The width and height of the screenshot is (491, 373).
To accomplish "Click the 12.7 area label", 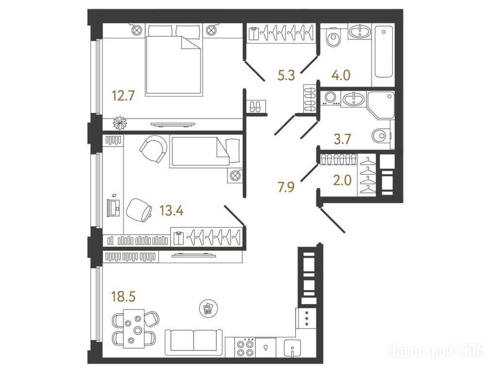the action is click(123, 96).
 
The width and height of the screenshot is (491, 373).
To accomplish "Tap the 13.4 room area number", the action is click(171, 210).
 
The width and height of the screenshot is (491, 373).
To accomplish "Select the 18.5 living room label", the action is click(123, 296).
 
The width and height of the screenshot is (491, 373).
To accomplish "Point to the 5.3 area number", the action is click(287, 75).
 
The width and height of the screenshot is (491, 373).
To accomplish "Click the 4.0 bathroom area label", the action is click(341, 75).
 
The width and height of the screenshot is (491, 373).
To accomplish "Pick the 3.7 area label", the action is click(342, 139).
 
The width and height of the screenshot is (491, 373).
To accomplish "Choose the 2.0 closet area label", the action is click(342, 180).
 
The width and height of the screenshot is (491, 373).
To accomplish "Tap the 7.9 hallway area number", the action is click(286, 187).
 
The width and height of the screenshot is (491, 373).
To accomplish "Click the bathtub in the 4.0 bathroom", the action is click(384, 51).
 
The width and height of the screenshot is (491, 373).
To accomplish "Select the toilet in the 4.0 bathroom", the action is click(333, 37).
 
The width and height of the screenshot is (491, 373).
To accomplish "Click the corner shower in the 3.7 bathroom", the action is click(381, 105).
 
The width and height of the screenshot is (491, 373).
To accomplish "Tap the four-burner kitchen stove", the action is click(245, 348).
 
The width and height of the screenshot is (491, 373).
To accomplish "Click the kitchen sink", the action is click(292, 348).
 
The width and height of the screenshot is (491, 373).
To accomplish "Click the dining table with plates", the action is click(134, 329).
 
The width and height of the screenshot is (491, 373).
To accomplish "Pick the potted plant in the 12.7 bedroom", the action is click(119, 122).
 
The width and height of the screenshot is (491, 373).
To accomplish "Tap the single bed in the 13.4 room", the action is click(205, 151).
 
